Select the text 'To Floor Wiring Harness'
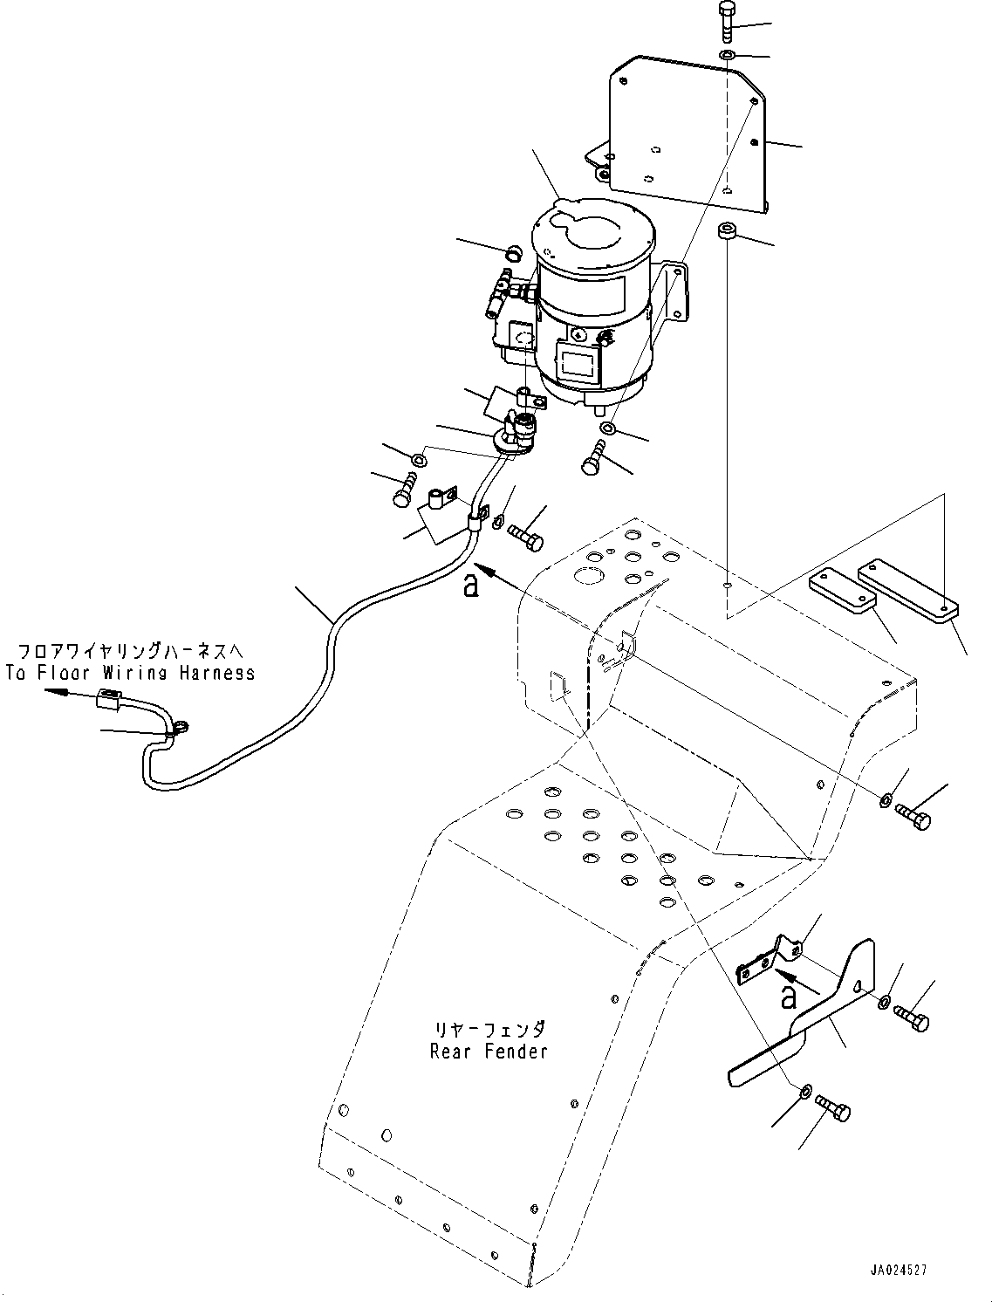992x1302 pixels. click(131, 673)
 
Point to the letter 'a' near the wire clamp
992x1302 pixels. click(471, 587)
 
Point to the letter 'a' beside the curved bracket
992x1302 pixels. click(788, 999)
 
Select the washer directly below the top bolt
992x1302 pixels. click(728, 55)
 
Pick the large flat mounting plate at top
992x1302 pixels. click(679, 134)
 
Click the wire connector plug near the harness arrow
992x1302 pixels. click(108, 699)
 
